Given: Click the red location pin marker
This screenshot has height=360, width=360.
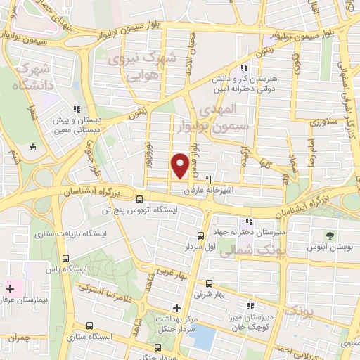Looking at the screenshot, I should click(181, 165).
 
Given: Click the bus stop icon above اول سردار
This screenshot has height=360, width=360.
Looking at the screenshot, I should click(200, 236).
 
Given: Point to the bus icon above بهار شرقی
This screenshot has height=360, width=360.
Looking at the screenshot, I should click(207, 283).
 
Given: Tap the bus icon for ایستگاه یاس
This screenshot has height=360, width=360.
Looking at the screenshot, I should click(65, 258).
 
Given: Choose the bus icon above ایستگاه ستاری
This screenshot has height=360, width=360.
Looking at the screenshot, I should click(89, 326).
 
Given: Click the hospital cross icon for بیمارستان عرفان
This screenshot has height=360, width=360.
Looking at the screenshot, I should click(10, 288).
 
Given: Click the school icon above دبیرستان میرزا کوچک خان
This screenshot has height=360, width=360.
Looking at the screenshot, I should click(250, 306).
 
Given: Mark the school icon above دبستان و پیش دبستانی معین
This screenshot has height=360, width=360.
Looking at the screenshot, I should click(77, 109).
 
